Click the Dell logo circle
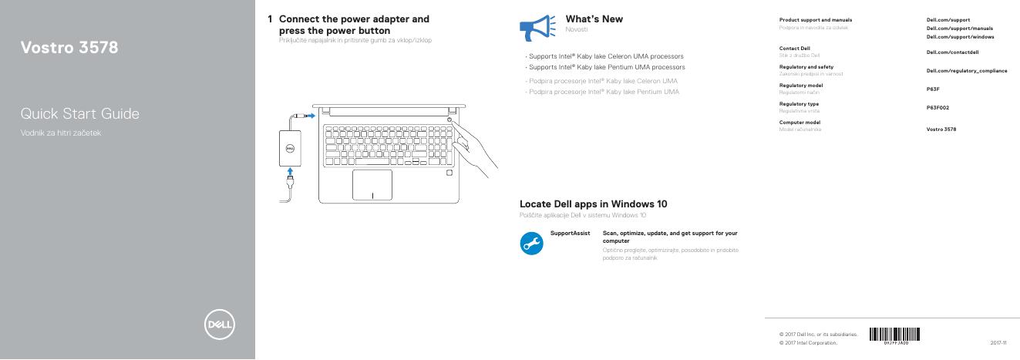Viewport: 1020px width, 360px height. (x=219, y=325)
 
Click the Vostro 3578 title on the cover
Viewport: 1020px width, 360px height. (x=69, y=48)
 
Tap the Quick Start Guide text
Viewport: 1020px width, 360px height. (x=80, y=114)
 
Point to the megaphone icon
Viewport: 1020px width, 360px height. (x=537, y=28)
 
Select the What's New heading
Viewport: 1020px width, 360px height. (x=594, y=19)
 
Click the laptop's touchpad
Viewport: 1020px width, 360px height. (x=372, y=185)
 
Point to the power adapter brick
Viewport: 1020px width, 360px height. (x=288, y=145)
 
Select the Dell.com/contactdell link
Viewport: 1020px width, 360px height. (x=952, y=52)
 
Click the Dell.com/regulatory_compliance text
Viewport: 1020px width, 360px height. (x=966, y=70)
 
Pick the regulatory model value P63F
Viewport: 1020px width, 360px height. (x=933, y=89)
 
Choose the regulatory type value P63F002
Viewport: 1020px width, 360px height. (x=938, y=107)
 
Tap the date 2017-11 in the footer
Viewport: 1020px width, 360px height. (x=998, y=342)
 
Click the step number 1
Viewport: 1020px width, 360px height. (x=270, y=19)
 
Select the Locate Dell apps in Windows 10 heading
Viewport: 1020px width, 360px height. (x=593, y=204)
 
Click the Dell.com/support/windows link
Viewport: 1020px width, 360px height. (x=960, y=37)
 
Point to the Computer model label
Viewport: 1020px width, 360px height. (x=800, y=122)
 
